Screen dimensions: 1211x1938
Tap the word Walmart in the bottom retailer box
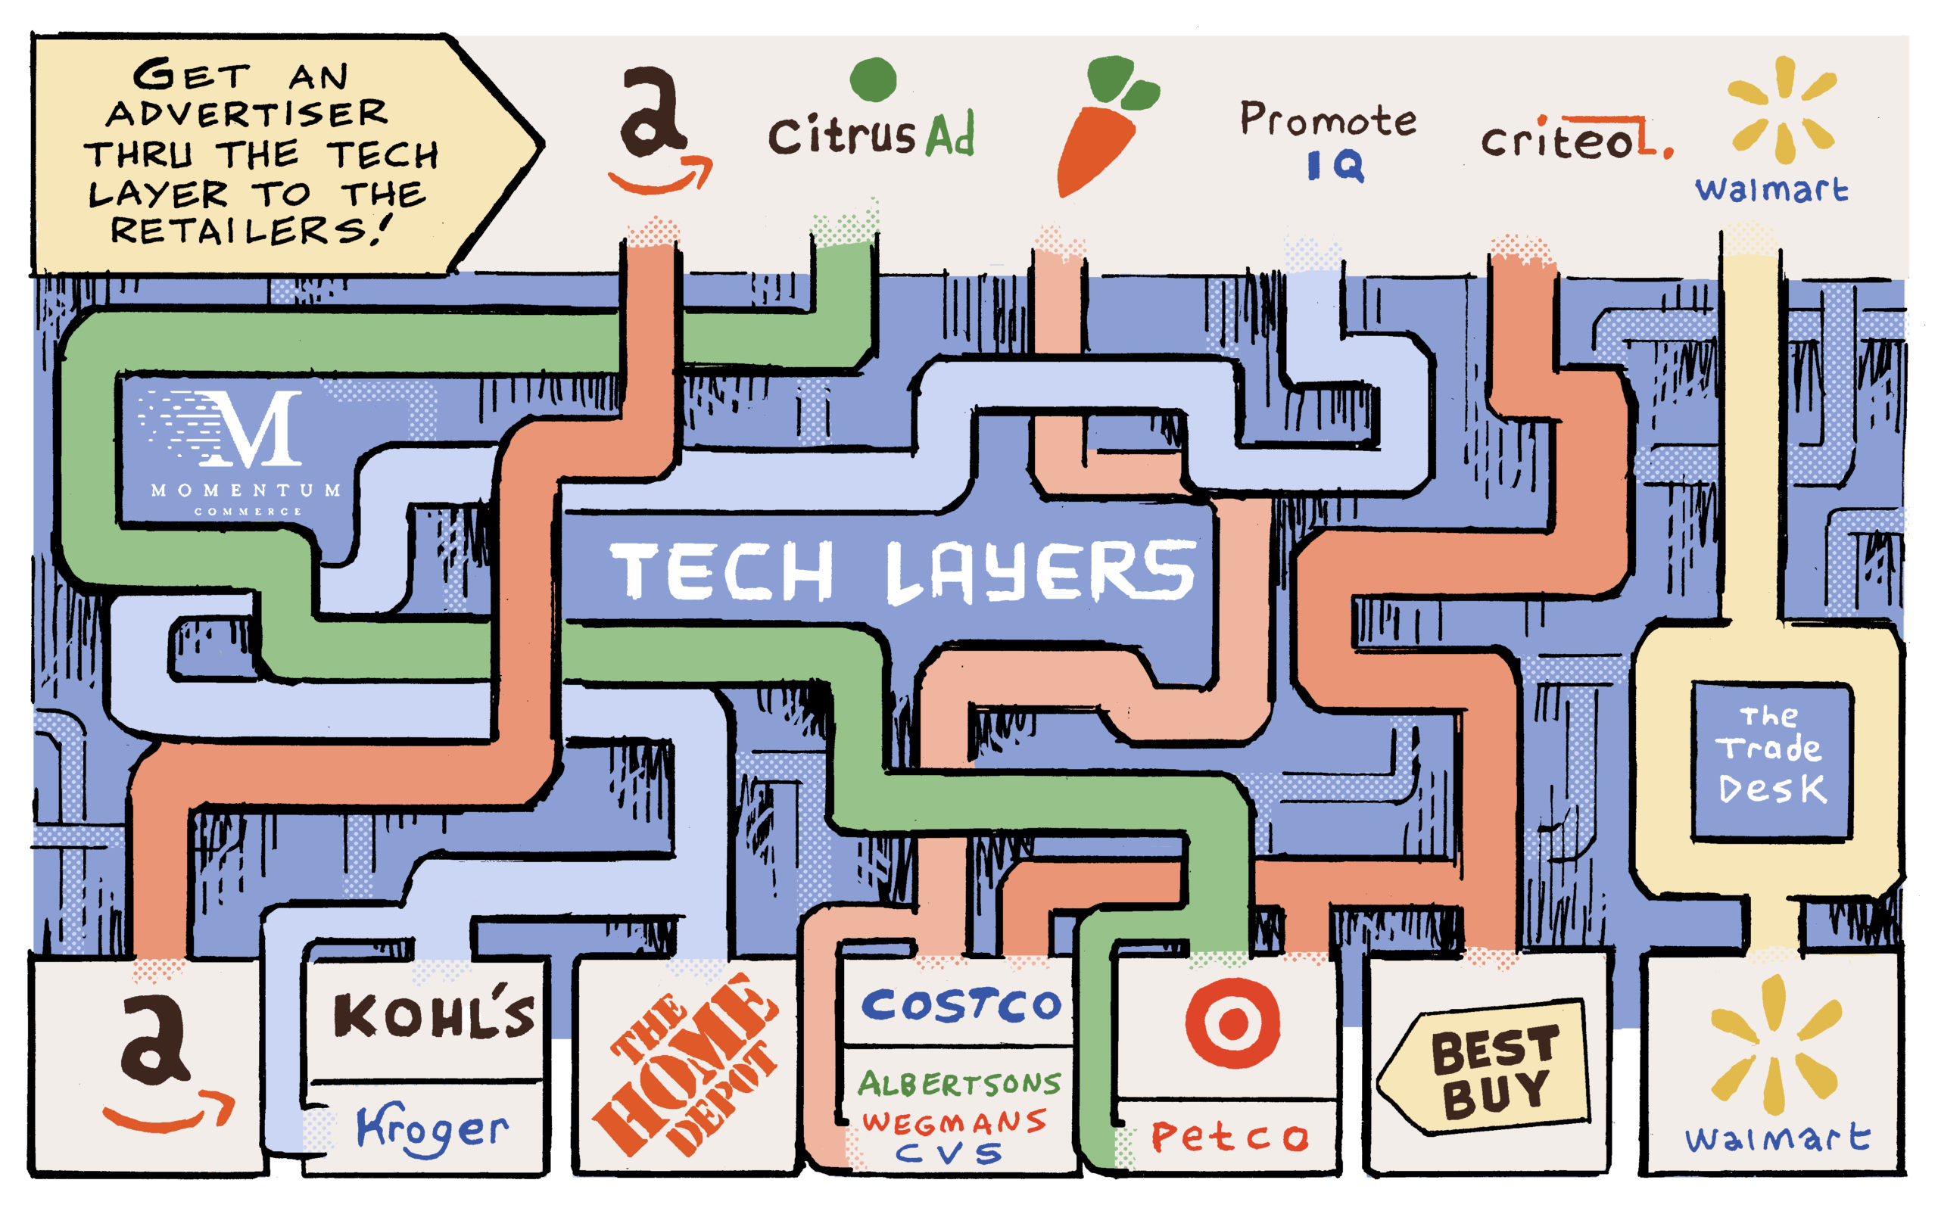tap(1776, 1138)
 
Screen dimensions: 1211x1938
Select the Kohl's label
tap(432, 1016)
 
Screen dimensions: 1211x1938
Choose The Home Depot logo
tap(684, 1065)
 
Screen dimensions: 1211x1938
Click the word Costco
tap(961, 1005)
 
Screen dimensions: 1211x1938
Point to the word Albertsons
tap(958, 1084)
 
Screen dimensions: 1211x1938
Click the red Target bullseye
tap(1232, 1023)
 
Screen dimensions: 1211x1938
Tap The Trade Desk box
tap(1771, 757)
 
